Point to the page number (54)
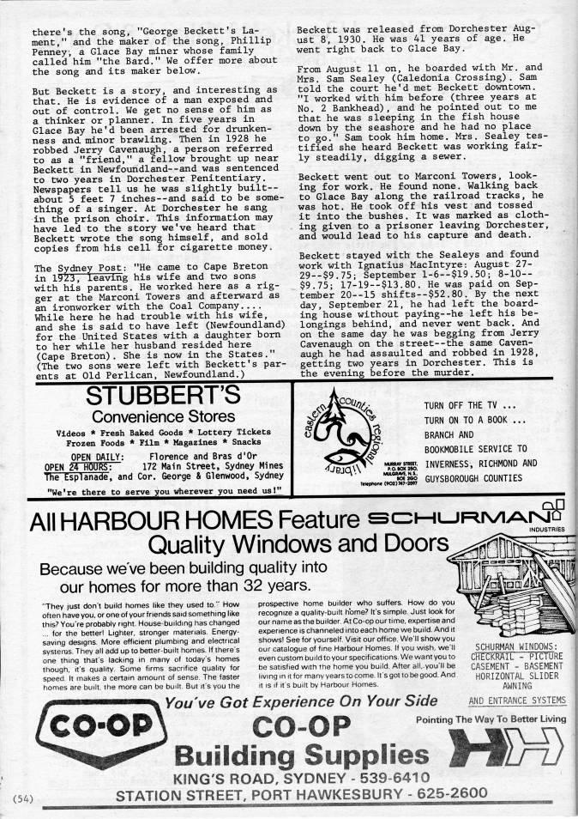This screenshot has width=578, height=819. pos(21,798)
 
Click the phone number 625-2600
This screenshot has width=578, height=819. pos(451,794)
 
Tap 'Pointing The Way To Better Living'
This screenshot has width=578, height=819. pos(490,719)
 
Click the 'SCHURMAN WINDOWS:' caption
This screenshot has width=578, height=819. pos(516,646)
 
